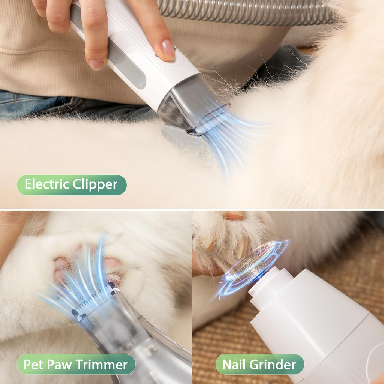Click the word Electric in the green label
click(46, 184)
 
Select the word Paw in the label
click(62, 364)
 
